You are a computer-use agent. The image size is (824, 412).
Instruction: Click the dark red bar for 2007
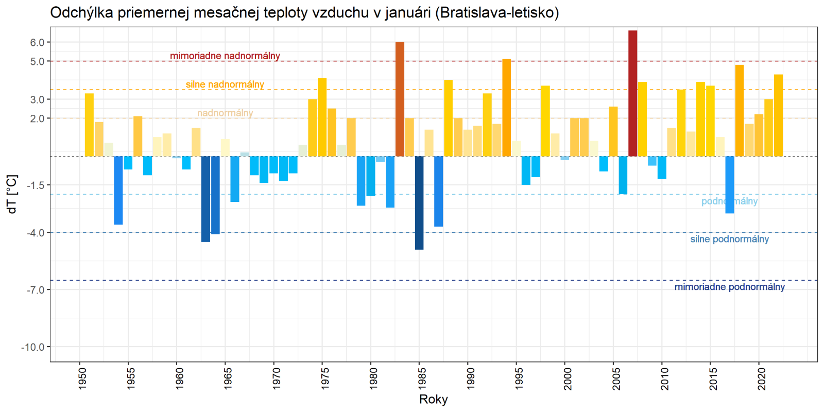click(x=632, y=93)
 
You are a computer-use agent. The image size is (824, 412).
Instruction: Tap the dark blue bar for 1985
click(x=419, y=203)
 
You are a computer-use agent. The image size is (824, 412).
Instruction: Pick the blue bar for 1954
click(x=118, y=190)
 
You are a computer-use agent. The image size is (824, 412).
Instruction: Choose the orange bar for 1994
click(x=507, y=108)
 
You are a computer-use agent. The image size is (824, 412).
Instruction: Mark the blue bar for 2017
click(x=730, y=184)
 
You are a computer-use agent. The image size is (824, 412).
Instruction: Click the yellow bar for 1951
click(x=89, y=125)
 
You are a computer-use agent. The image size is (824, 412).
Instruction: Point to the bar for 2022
click(x=778, y=115)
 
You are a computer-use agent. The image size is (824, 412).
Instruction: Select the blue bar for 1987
click(x=438, y=191)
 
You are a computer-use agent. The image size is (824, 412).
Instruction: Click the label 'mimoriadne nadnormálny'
click(x=225, y=56)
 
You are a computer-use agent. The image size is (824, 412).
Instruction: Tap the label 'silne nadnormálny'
click(x=225, y=84)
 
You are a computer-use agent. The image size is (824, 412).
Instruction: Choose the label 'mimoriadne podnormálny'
click(x=729, y=287)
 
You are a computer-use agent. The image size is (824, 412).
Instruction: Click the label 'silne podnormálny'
click(x=729, y=239)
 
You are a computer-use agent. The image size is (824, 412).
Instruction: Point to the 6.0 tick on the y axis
click(x=37, y=42)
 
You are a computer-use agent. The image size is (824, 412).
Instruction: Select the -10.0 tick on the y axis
click(x=33, y=347)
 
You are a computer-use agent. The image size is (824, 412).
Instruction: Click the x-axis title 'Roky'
click(x=434, y=399)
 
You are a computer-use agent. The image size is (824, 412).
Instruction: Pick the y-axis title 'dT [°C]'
click(x=12, y=194)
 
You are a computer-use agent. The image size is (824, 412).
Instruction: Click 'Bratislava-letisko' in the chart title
click(x=496, y=12)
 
